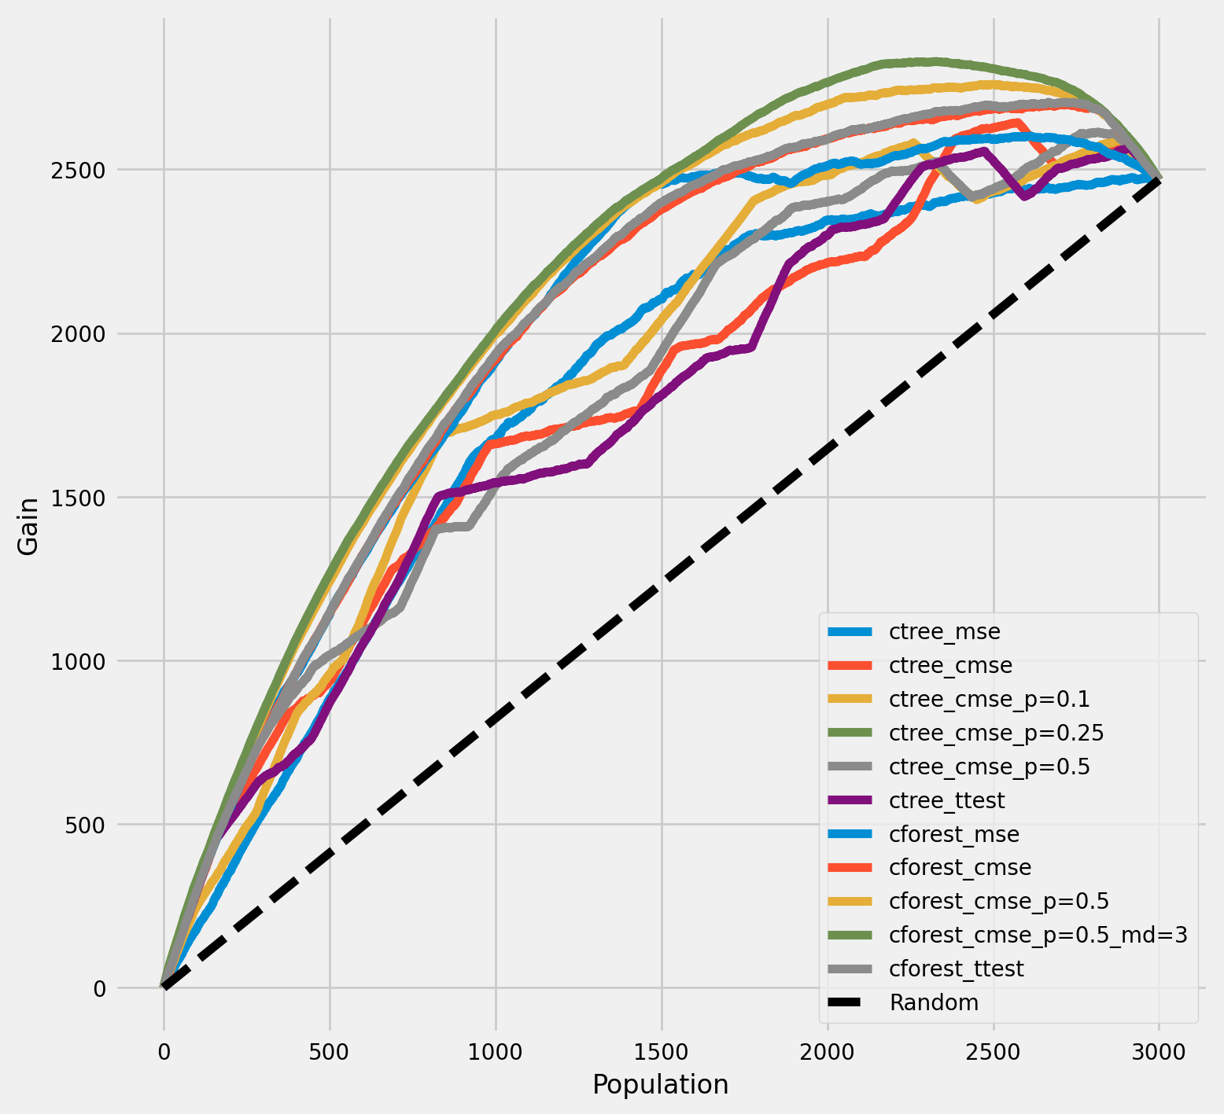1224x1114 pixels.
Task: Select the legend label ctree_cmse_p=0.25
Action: click(996, 733)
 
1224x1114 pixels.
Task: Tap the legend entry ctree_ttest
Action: click(946, 800)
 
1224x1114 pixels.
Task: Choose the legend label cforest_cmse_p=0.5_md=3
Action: click(1038, 935)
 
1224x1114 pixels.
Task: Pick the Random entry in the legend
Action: click(934, 1002)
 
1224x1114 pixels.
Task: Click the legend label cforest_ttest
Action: click(956, 969)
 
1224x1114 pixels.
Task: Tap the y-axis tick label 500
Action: click(89, 825)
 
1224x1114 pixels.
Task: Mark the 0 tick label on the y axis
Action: click(100, 988)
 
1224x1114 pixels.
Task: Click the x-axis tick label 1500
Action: click(662, 1051)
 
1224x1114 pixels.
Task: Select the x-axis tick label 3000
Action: click(1159, 1051)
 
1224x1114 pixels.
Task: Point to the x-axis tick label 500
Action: click(330, 1051)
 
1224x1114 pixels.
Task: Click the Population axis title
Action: click(661, 1085)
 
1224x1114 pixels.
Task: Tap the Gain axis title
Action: click(28, 526)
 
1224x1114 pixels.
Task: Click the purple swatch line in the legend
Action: click(850, 800)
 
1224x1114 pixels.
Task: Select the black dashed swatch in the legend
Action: click(850, 1002)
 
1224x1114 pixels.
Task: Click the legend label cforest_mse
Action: click(953, 834)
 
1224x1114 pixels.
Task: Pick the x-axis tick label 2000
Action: click(828, 1051)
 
